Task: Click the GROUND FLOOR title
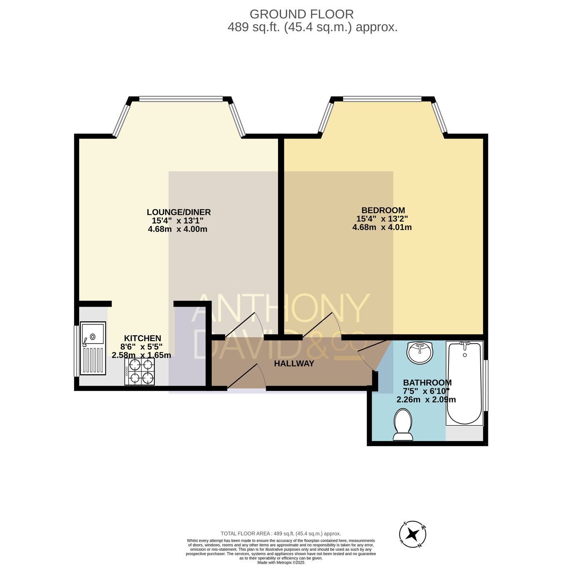pos(301,14)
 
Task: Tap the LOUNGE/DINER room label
pos(179,212)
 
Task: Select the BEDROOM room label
pos(383,210)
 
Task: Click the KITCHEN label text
pos(143,338)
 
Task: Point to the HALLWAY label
pos(294,363)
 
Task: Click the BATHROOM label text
pos(427,382)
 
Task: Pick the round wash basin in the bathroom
pos(420,352)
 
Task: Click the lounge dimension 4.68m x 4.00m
pos(177,229)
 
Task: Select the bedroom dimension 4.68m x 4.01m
pos(382,227)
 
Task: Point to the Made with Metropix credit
pos(281,563)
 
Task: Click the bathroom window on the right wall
pos(486,385)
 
